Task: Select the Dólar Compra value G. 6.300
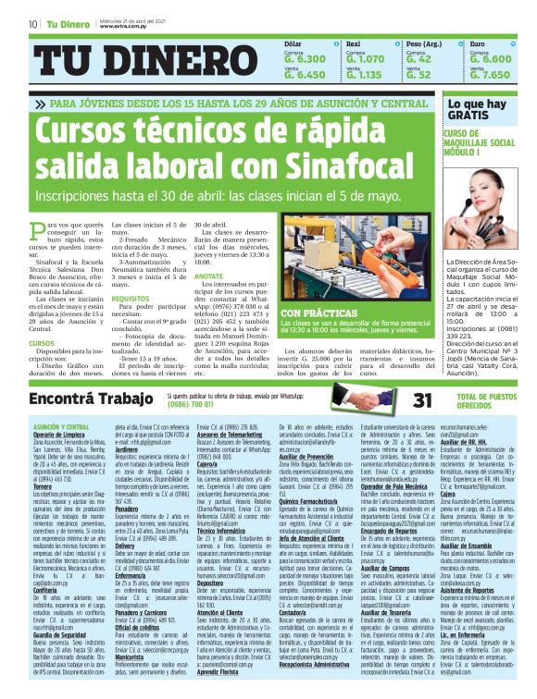point(304,59)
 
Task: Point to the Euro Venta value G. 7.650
point(490,74)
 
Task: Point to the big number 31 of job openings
point(422,400)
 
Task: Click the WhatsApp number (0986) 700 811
point(196,405)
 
